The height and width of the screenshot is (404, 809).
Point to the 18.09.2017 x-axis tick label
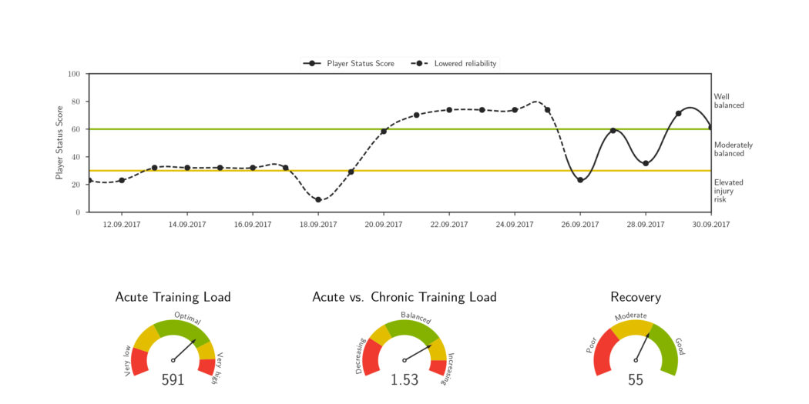(x=318, y=224)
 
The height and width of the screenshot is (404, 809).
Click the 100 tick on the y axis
(x=74, y=74)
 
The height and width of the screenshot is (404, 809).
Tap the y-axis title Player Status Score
(x=59, y=143)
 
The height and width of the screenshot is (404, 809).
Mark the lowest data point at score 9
(x=318, y=200)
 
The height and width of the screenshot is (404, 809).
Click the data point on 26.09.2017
(x=580, y=180)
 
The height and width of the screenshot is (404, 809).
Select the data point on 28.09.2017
(x=646, y=163)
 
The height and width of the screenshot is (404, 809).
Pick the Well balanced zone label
(x=729, y=101)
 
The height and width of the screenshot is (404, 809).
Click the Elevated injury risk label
(x=728, y=190)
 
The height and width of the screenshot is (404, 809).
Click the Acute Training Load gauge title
(x=173, y=297)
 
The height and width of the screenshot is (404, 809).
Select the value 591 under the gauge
(x=173, y=379)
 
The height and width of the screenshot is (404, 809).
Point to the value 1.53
(x=404, y=379)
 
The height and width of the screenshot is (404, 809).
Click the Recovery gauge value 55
(x=636, y=379)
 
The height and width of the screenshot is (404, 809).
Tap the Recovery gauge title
(x=636, y=297)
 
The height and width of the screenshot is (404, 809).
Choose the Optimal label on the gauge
(x=188, y=316)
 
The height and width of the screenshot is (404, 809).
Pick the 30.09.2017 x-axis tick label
(x=710, y=224)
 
